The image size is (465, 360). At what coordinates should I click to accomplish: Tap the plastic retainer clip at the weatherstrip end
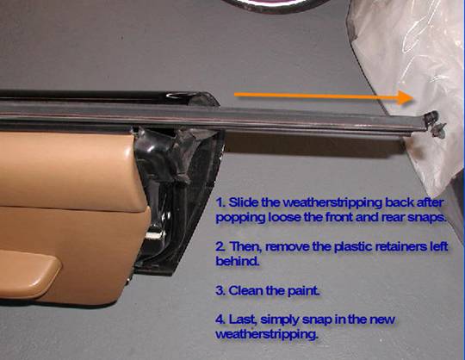click(x=435, y=125)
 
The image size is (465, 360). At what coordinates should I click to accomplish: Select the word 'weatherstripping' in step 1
click(x=332, y=204)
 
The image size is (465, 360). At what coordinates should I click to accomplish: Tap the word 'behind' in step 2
click(x=237, y=261)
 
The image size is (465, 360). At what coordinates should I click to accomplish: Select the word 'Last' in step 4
click(x=241, y=320)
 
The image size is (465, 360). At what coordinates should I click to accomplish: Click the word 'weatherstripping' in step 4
click(x=266, y=335)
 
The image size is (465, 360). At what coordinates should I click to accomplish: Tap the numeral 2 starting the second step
click(x=220, y=246)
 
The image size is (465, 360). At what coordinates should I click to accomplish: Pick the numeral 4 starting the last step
click(x=220, y=320)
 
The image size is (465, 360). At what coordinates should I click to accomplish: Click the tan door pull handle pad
click(x=28, y=274)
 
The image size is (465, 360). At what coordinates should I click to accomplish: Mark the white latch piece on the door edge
click(x=155, y=235)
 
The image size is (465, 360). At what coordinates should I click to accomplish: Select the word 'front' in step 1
click(x=339, y=218)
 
